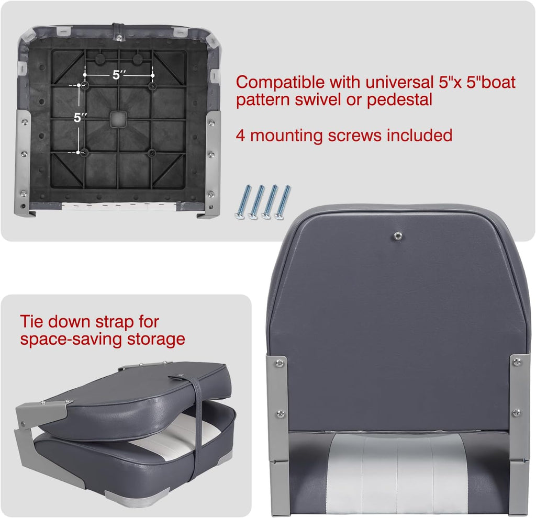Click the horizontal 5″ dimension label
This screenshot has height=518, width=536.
pyautogui.click(x=119, y=75)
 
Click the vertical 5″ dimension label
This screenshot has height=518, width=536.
pyautogui.click(x=80, y=117)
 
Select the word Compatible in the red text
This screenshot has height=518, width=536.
pyautogui.click(x=280, y=83)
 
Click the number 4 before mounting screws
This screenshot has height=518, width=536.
pyautogui.click(x=241, y=136)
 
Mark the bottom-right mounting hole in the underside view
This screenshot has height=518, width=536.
pyautogui.click(x=152, y=152)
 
